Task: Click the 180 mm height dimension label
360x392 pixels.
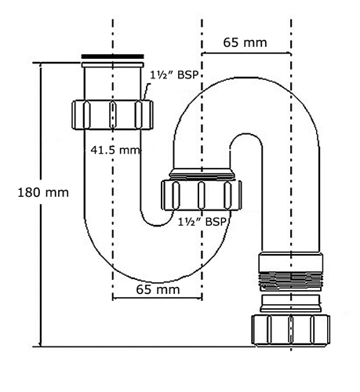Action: coord(43,193)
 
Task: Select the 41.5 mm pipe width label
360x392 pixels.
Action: coord(115,150)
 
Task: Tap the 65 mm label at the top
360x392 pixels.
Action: coord(245,42)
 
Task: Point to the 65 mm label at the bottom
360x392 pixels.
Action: coord(158,289)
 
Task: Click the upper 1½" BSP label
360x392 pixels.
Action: coord(174,75)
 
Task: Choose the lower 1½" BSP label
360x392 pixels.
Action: coord(202,222)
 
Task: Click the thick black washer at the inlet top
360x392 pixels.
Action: coord(112,56)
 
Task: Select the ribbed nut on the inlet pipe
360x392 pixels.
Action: coord(112,114)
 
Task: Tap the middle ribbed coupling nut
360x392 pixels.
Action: coord(202,195)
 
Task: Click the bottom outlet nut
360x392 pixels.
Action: coord(291,330)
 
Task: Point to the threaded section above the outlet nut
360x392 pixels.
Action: coord(290,281)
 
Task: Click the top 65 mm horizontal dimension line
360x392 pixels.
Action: coord(246,53)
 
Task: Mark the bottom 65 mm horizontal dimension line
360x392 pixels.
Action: coord(157,298)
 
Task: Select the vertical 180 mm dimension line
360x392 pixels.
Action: coord(40,205)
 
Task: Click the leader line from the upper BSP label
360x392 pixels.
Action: coord(147,92)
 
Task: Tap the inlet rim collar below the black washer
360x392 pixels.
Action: coord(112,65)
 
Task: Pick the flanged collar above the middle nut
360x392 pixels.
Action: coord(202,175)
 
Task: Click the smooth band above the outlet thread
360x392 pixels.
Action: coord(290,262)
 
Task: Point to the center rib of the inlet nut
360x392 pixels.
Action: coord(112,115)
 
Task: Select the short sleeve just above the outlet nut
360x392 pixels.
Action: coord(291,303)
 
